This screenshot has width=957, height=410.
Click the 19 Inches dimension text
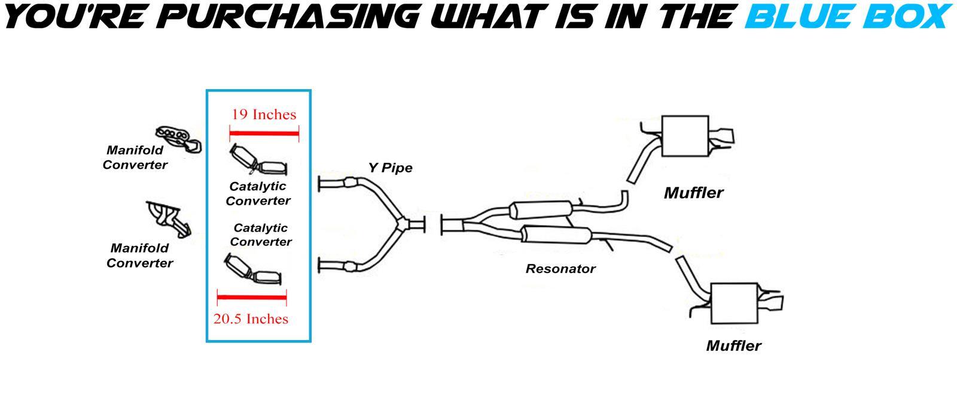[x=264, y=114]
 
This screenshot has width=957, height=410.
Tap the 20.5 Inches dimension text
[x=251, y=319]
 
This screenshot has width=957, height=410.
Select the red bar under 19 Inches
[x=264, y=133]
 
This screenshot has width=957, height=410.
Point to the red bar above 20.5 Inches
[x=252, y=297]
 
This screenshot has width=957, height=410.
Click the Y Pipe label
[x=390, y=168]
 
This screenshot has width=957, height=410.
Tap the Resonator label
[x=560, y=269]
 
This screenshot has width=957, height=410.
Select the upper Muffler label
[x=693, y=193]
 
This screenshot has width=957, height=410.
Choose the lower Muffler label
[x=733, y=345]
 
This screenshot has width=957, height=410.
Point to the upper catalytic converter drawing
[x=258, y=160]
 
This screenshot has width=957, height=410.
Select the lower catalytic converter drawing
[x=254, y=269]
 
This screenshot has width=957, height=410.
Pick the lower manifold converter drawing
[x=169, y=219]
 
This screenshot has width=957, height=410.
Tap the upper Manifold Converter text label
[x=135, y=157]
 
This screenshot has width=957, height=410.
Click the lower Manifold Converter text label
[x=140, y=255]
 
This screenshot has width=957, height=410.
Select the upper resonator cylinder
[x=541, y=210]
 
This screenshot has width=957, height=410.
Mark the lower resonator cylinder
[x=557, y=235]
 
